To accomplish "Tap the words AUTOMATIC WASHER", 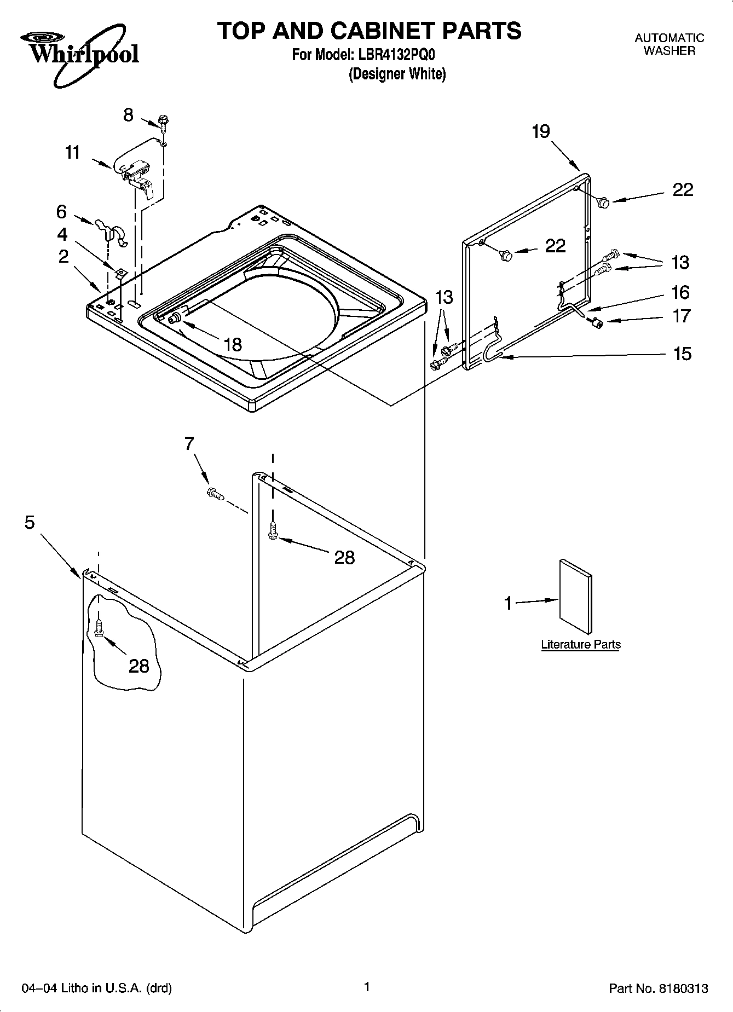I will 669,44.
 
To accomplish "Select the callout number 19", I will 540,132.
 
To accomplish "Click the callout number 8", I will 128,115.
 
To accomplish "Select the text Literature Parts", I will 581,645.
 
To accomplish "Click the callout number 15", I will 682,354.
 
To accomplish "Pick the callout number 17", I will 682,316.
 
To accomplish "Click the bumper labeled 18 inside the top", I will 176,319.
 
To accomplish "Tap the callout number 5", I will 30,523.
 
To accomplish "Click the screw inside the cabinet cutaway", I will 99,628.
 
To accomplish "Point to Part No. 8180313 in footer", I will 659,988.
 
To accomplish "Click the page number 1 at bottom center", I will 367,987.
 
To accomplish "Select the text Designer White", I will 397,74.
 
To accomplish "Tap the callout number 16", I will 680,293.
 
